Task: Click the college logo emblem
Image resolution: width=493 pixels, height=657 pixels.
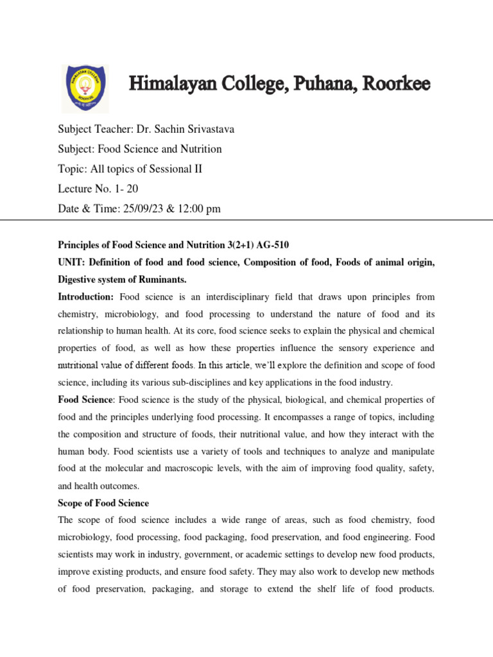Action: point(85,89)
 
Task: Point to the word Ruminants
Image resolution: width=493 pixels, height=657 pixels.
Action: point(183,280)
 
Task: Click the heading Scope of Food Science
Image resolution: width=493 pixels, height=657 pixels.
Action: point(103,503)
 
